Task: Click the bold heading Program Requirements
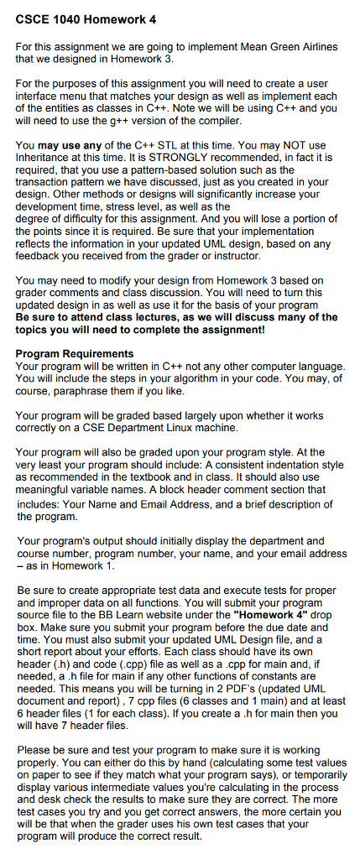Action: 75,353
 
